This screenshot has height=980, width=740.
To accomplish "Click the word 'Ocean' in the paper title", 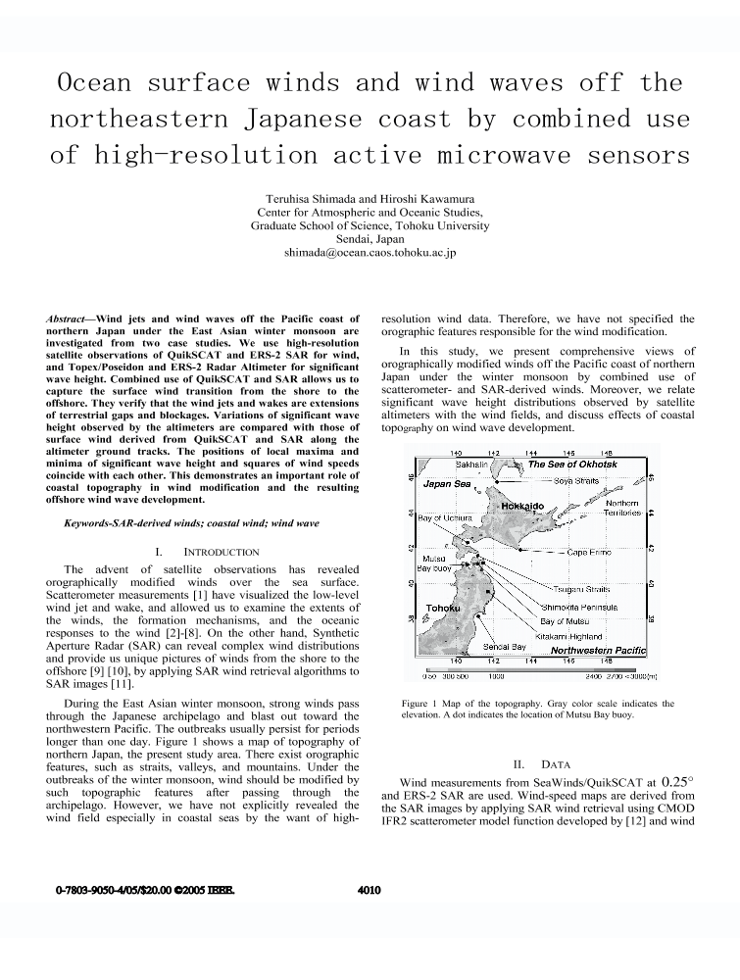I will click(x=97, y=81).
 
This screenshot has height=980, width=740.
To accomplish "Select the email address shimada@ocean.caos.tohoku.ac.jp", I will click(x=370, y=252).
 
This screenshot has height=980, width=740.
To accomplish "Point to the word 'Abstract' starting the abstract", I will click(x=69, y=319).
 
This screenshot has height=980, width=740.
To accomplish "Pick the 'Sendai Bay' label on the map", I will click(x=505, y=648).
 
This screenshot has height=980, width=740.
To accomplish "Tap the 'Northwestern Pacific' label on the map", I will click(x=598, y=650).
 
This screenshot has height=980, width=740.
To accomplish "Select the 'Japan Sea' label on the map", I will click(x=447, y=484).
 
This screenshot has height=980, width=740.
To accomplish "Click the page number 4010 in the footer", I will click(x=370, y=891).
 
